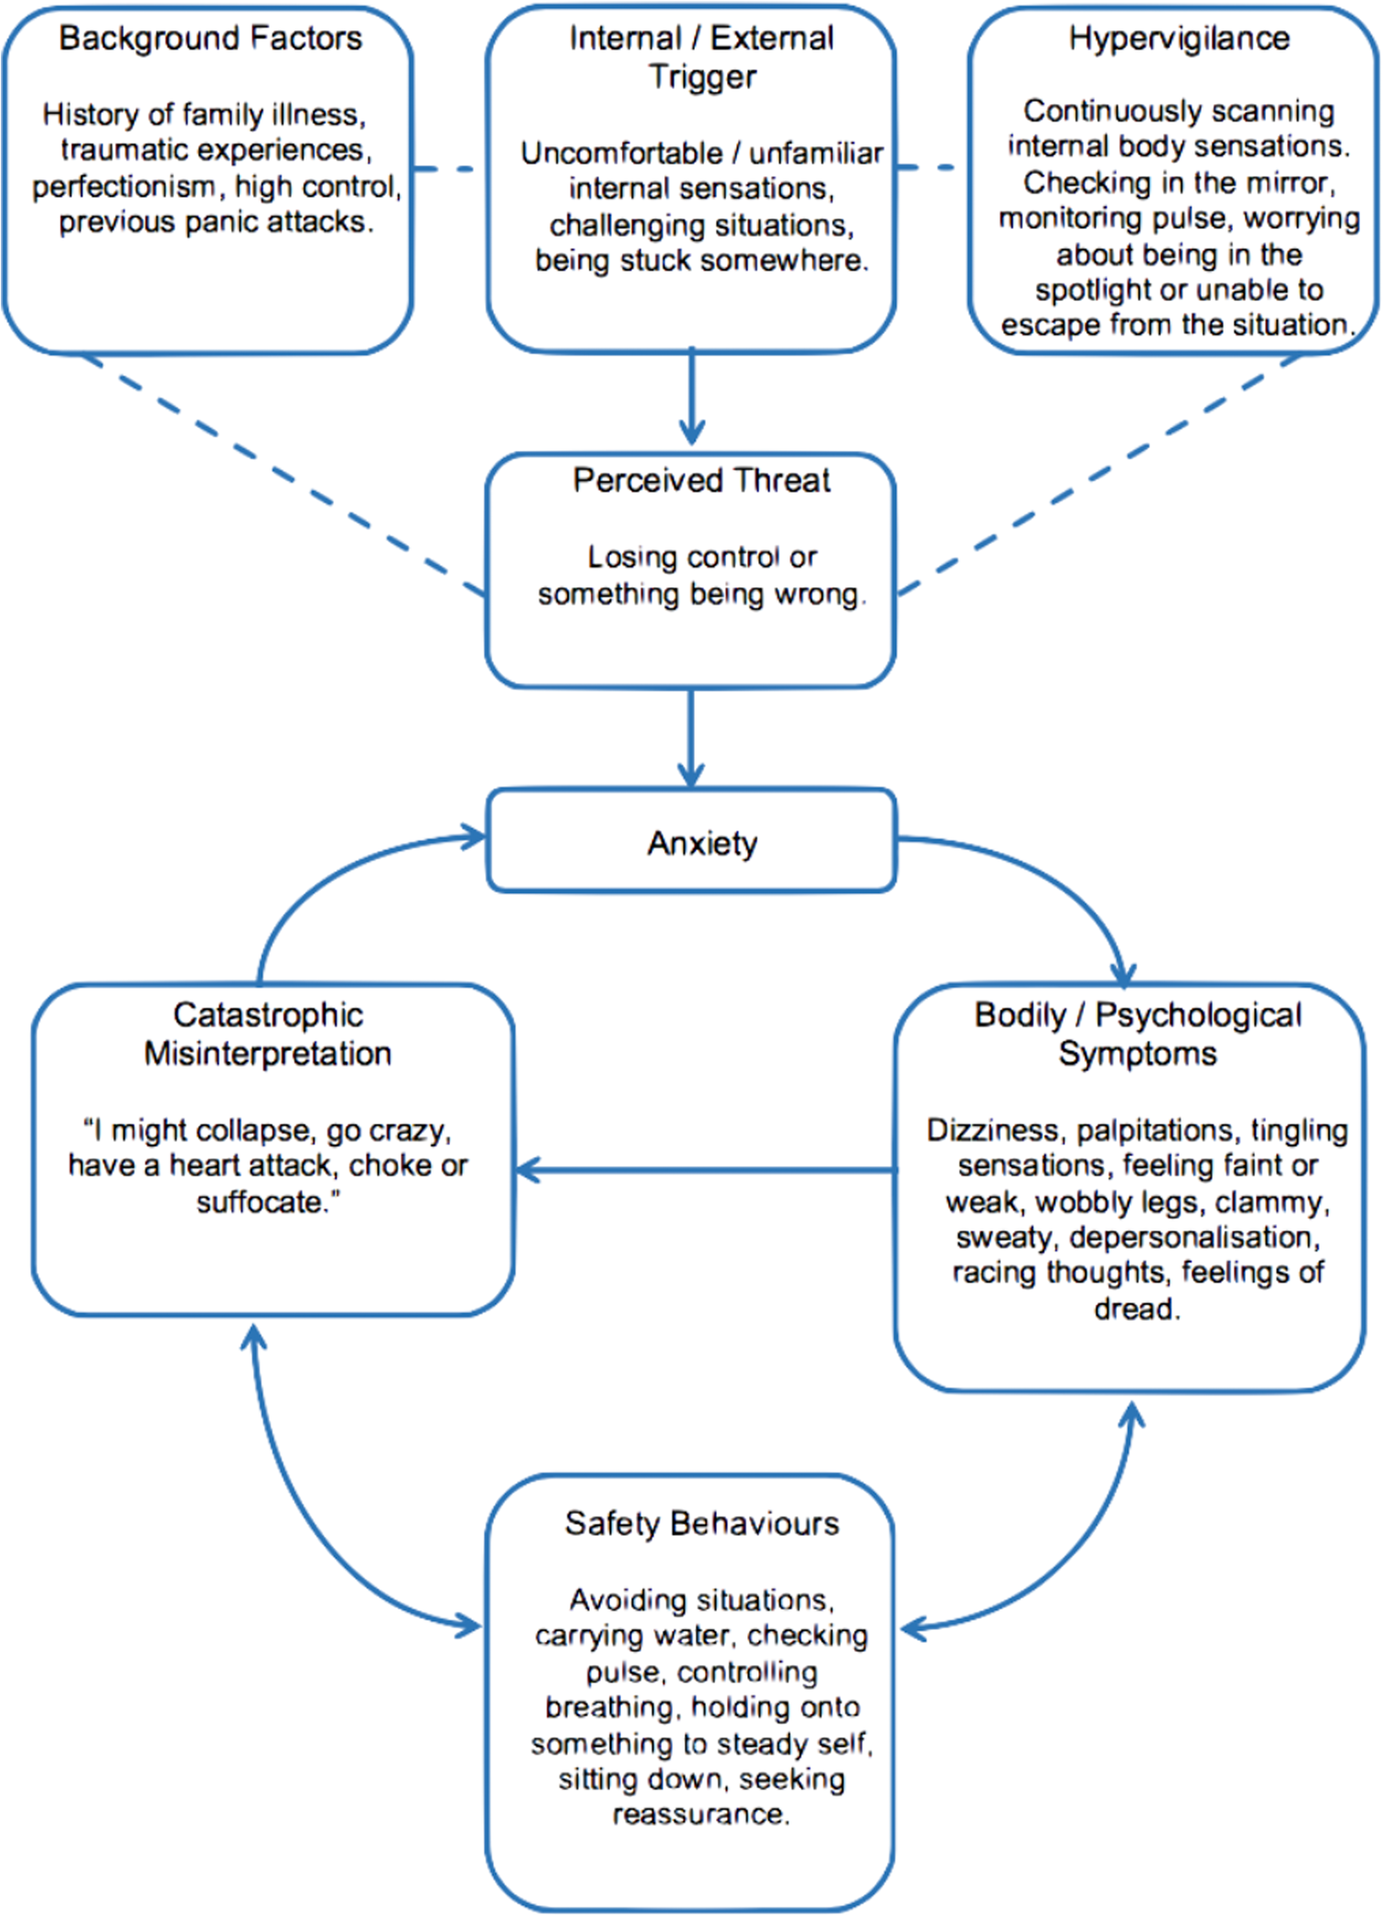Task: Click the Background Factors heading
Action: click(210, 39)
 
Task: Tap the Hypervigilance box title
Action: click(1179, 39)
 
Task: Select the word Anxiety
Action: click(702, 843)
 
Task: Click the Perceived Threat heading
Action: click(701, 480)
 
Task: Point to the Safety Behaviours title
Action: click(701, 1524)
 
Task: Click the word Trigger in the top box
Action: click(702, 77)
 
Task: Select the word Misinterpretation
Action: click(268, 1054)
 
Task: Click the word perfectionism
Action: click(123, 187)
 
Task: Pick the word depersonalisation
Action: click(1194, 1238)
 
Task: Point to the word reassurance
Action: click(701, 1814)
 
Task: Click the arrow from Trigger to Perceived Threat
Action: click(692, 396)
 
